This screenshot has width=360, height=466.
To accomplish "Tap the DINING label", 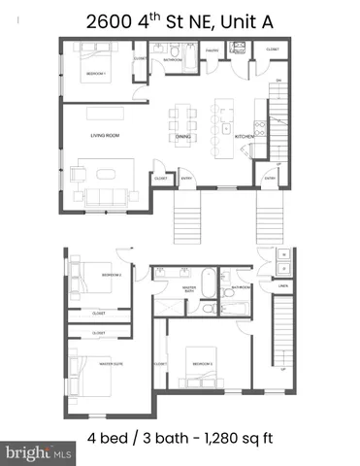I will point(182,137).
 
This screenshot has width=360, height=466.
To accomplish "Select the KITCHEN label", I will point(245,137).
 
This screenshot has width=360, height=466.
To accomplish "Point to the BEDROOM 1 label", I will point(95,73).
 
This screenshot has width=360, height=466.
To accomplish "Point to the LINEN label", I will point(283,286).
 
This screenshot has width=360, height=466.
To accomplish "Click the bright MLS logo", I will point(39,452).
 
